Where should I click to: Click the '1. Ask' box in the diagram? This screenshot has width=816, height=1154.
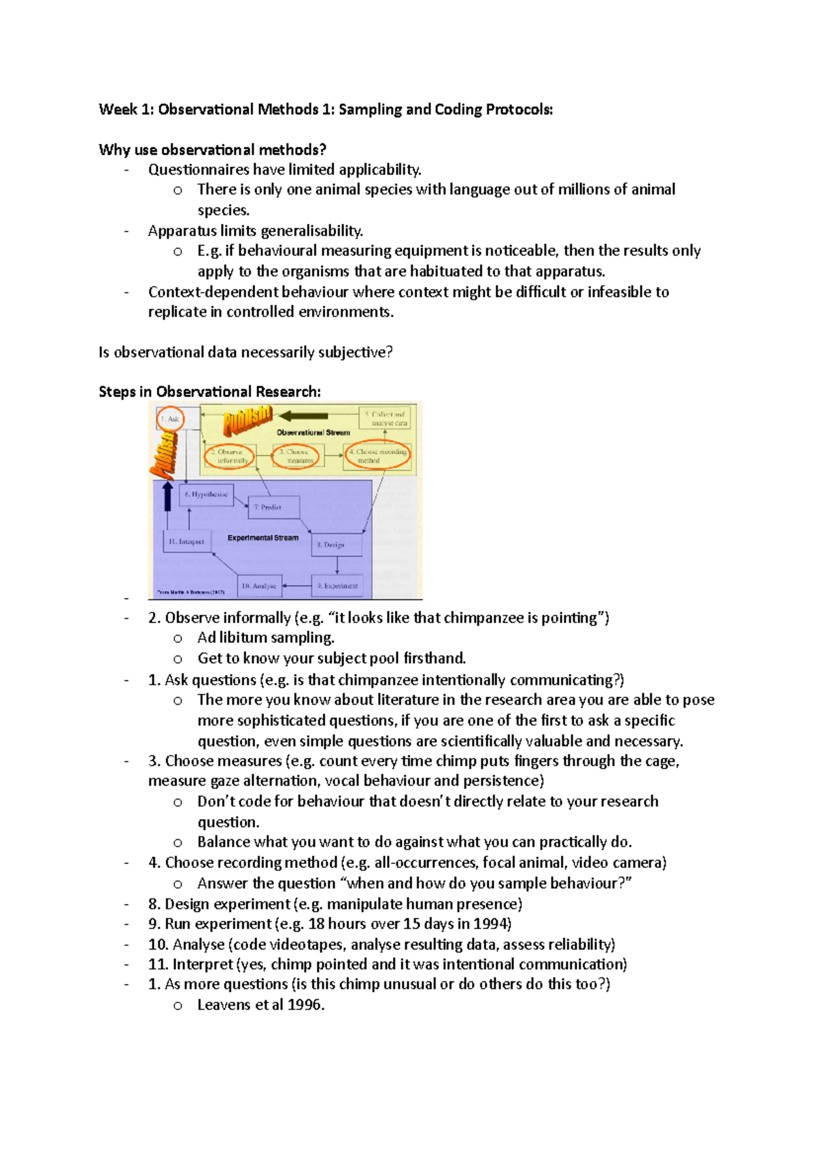pyautogui.click(x=170, y=419)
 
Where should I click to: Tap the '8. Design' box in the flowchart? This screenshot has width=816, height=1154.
pyautogui.click(x=336, y=544)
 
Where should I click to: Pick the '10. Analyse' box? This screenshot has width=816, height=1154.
pyautogui.click(x=259, y=585)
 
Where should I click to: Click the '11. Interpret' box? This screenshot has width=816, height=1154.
pyautogui.click(x=188, y=542)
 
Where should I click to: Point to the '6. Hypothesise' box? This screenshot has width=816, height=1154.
pyautogui.click(x=206, y=495)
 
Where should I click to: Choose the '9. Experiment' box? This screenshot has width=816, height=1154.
pyautogui.click(x=337, y=585)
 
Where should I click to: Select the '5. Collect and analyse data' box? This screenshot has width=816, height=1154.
pyautogui.click(x=384, y=419)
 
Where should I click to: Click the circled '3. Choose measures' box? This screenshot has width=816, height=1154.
pyautogui.click(x=296, y=456)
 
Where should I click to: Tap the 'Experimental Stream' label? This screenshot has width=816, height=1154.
pyautogui.click(x=263, y=538)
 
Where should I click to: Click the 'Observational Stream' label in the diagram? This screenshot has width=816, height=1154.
pyautogui.click(x=313, y=432)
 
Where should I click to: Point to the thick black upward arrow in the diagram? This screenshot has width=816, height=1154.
pyautogui.click(x=167, y=495)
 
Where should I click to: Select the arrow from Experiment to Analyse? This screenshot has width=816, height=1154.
pyautogui.click(x=296, y=585)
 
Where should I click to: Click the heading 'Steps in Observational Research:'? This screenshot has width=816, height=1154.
pyautogui.click(x=209, y=392)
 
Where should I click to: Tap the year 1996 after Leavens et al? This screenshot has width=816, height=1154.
pyautogui.click(x=306, y=1005)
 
